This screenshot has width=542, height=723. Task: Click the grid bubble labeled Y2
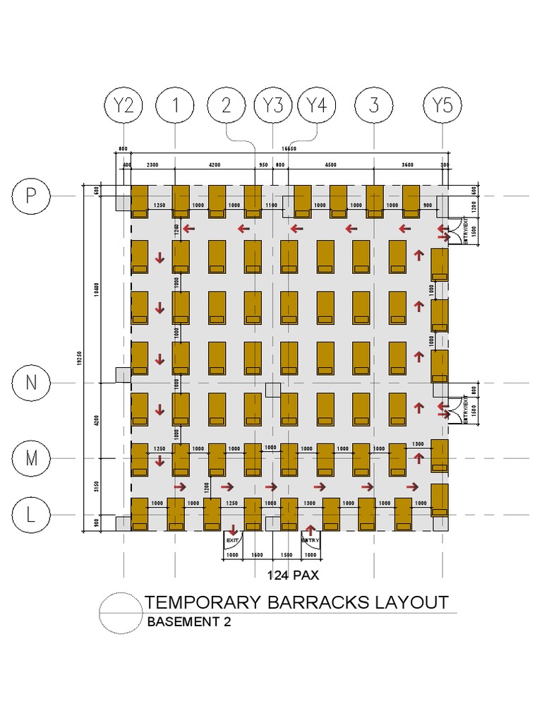pyautogui.click(x=124, y=106)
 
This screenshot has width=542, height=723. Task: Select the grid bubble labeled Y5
pyautogui.click(x=442, y=106)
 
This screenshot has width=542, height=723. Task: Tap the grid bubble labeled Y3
pyautogui.click(x=272, y=106)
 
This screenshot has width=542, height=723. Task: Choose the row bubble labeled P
pyautogui.click(x=31, y=196)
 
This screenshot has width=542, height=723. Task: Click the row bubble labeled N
pyautogui.click(x=31, y=383)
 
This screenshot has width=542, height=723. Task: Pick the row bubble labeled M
pyautogui.click(x=31, y=458)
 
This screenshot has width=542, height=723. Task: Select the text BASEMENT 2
pyautogui.click(x=188, y=623)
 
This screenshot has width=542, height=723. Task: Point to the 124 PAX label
pyautogui.click(x=293, y=575)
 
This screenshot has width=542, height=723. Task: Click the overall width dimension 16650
pyautogui.click(x=288, y=149)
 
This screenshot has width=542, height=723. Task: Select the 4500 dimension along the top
pyautogui.click(x=330, y=165)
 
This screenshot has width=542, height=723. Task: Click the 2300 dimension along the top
pyautogui.click(x=152, y=165)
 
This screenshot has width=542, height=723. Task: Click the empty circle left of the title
pyautogui.click(x=120, y=611)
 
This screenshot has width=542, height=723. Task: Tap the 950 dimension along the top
pyautogui.click(x=263, y=165)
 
